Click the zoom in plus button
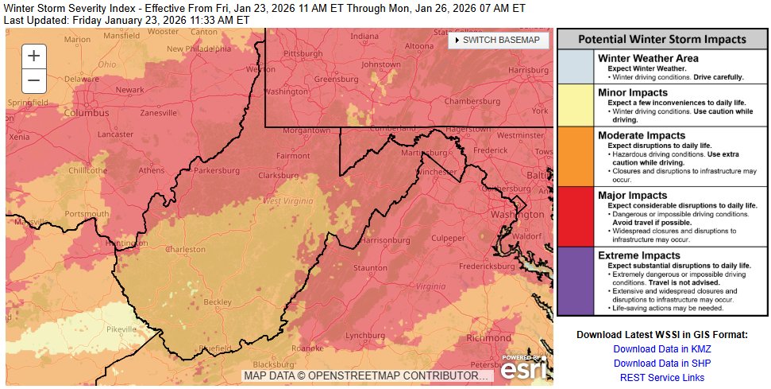(33, 55)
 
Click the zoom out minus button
(33, 80)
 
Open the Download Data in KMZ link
(661, 349)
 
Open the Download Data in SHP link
(661, 364)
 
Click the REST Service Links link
(661, 378)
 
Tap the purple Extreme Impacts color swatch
(576, 281)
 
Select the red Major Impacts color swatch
(576, 216)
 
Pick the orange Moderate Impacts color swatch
(576, 157)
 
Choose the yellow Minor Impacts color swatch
(576, 105)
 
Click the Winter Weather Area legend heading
(648, 58)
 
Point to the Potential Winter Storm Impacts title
(661, 39)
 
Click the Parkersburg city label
(216, 170)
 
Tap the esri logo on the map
(523, 369)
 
